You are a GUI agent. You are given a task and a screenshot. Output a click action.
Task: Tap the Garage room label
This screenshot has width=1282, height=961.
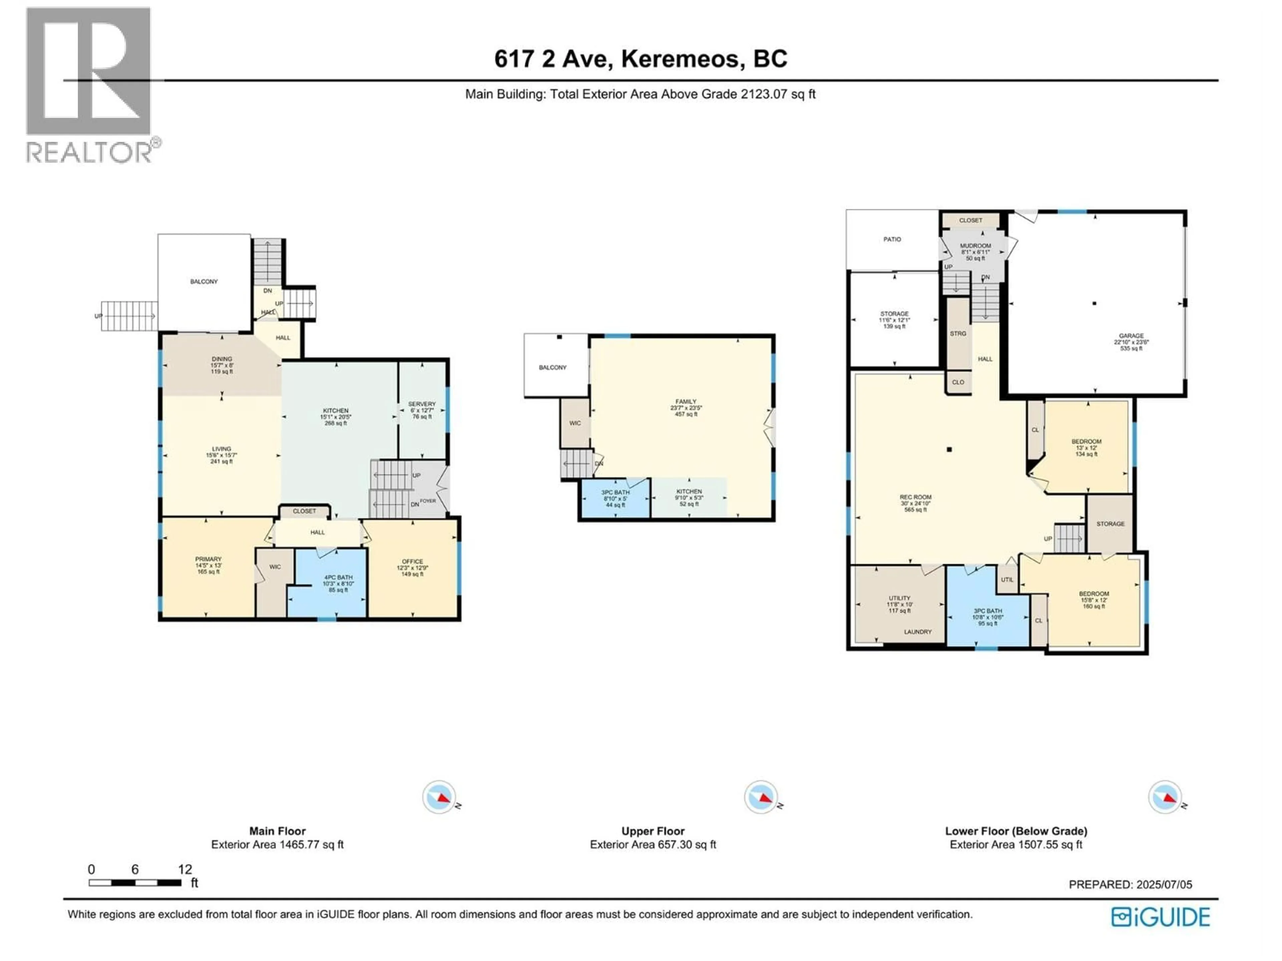1131,342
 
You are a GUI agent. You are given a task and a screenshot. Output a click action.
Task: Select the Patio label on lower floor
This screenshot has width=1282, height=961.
892,239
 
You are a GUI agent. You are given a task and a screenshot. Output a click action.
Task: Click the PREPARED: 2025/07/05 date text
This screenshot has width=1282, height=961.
1130,885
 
